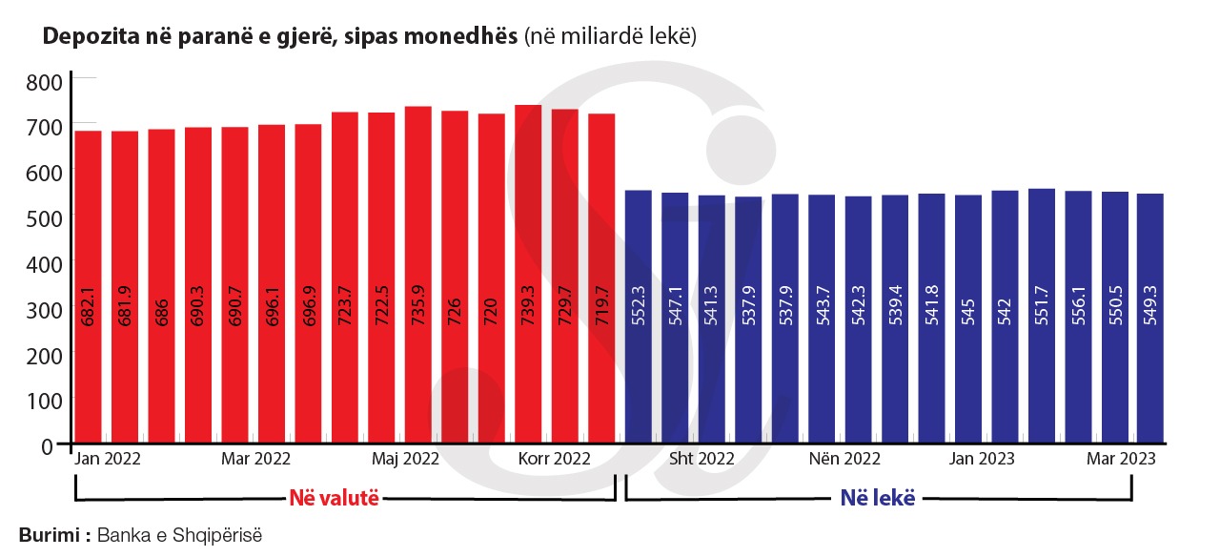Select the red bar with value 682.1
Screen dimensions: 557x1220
(89, 286)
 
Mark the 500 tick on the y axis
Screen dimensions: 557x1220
(44, 217)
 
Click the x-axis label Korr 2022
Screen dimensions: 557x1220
(554, 459)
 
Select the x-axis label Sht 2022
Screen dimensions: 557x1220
(701, 459)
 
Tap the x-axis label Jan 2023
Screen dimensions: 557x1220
(982, 459)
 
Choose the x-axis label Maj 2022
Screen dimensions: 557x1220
(406, 459)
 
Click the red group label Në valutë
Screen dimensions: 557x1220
(334, 498)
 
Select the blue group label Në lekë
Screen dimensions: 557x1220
(877, 498)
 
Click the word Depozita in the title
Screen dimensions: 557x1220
(79, 38)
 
